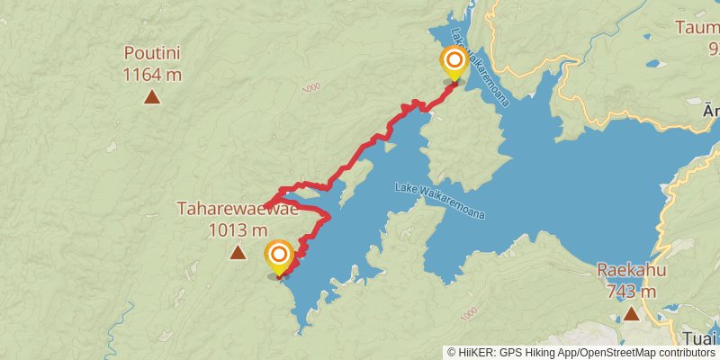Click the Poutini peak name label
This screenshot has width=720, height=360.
click(152, 52)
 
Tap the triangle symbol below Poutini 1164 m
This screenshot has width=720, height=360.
click(152, 96)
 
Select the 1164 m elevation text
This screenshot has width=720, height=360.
click(152, 72)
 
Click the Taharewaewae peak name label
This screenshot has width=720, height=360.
click(238, 210)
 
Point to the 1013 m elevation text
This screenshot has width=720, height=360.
click(238, 229)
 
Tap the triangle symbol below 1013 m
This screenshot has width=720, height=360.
click(238, 253)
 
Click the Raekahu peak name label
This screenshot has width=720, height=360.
click(631, 271)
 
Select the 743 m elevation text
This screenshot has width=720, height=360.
click(631, 291)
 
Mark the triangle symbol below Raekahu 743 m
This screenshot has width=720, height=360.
click(631, 313)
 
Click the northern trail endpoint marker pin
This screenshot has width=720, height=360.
click(454, 63)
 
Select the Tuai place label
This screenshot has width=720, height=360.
click(701, 339)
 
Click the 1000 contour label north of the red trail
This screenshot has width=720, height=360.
click(311, 87)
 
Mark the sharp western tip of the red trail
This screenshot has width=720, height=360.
click(265, 206)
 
